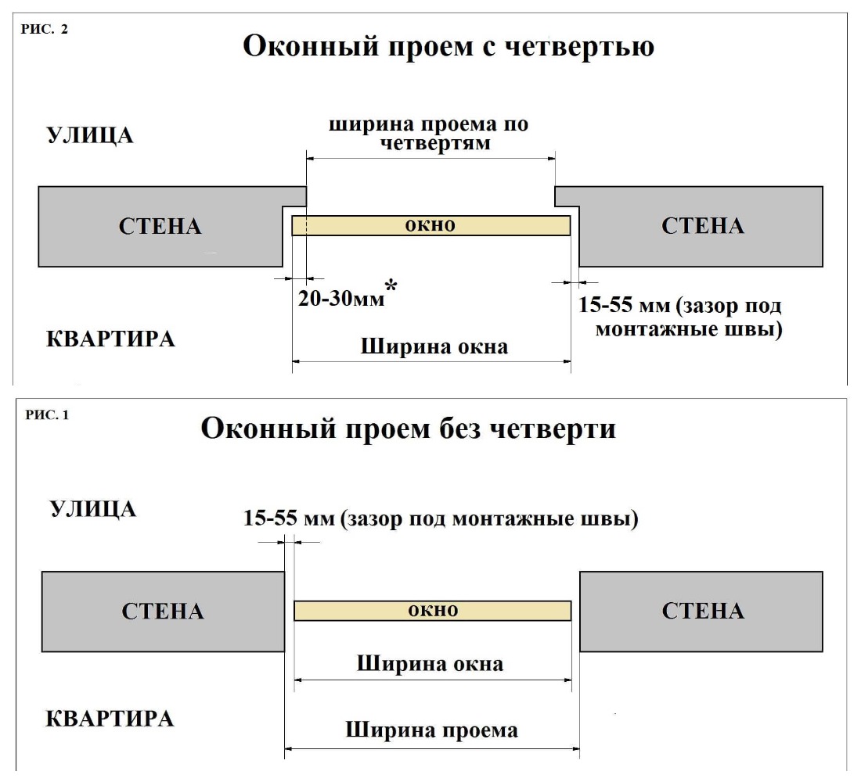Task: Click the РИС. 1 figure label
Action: [x=48, y=414]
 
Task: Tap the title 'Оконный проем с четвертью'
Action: [x=449, y=46]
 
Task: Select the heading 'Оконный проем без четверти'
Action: [x=408, y=429]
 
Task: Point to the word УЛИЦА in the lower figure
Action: [x=93, y=509]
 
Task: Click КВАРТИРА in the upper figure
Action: [x=109, y=339]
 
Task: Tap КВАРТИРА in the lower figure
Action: [x=109, y=719]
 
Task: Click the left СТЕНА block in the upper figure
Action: [x=160, y=227]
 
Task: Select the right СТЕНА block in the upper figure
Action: [x=702, y=227]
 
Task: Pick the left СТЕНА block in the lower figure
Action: [x=163, y=611]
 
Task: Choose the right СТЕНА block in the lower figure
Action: [x=702, y=611]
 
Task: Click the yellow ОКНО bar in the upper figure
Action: [x=430, y=226]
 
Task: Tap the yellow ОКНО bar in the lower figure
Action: [x=433, y=611]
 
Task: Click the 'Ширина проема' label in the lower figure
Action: [x=431, y=730]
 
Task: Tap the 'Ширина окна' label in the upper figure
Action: [x=433, y=346]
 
